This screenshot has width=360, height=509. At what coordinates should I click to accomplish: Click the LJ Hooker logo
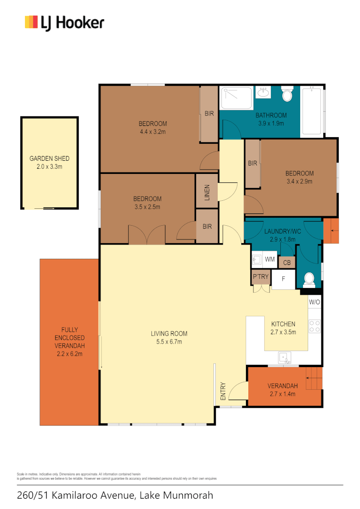tap(64, 23)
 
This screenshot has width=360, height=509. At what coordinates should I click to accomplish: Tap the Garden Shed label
tap(49, 159)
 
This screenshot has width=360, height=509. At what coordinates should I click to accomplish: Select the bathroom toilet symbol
tap(287, 94)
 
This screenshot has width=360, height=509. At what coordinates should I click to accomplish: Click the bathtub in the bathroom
tap(313, 111)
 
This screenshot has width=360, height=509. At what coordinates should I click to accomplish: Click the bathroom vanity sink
tap(263, 92)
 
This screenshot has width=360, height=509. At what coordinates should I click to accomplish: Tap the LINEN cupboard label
tap(207, 191)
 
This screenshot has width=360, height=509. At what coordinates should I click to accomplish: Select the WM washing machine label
tap(270, 259)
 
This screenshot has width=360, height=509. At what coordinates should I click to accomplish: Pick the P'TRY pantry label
tap(261, 277)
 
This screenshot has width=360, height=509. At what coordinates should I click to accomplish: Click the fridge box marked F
tap(283, 279)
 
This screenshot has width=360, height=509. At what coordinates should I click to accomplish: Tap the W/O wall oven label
tap(314, 302)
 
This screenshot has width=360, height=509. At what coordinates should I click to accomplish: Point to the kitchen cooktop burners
tap(314, 326)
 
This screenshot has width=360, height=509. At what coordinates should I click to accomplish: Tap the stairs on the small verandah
tap(314, 378)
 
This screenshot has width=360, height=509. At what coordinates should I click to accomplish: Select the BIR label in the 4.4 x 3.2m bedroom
tap(209, 114)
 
